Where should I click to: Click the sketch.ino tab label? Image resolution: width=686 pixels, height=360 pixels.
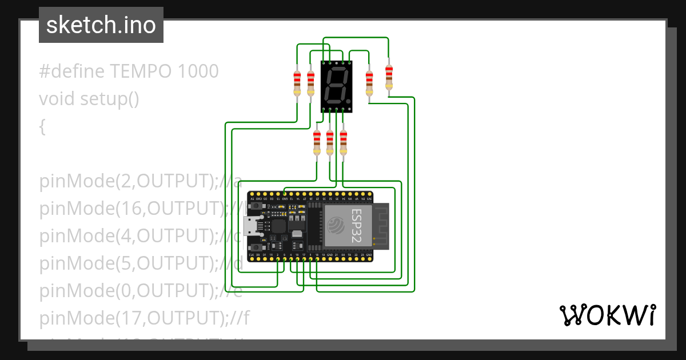click(x=101, y=25)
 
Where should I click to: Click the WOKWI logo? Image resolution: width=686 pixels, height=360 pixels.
click(x=607, y=315)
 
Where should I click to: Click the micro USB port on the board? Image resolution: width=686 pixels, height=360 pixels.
click(x=250, y=227)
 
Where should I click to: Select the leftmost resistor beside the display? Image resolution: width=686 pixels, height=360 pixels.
click(x=297, y=83)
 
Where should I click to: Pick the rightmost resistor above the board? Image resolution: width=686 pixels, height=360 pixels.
click(x=389, y=77)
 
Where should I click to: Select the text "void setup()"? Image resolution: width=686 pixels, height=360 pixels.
click(x=89, y=99)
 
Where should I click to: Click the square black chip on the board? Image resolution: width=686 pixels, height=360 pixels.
click(x=278, y=226)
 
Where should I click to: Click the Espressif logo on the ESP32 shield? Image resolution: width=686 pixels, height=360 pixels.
click(x=335, y=226)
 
